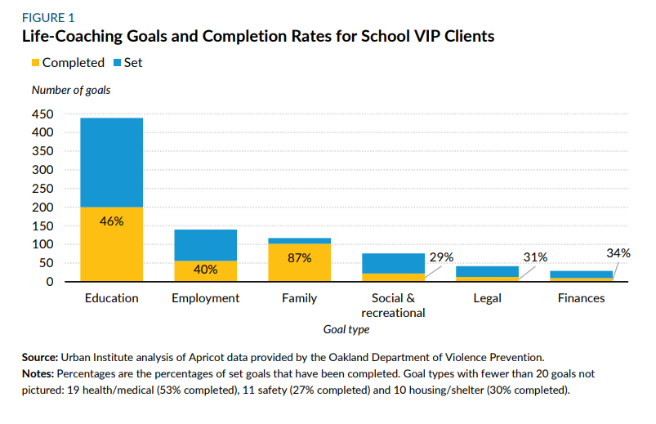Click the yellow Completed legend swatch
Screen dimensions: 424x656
pyautogui.click(x=35, y=63)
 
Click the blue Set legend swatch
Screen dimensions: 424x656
pyautogui.click(x=118, y=63)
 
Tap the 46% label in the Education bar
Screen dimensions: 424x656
pyautogui.click(x=111, y=221)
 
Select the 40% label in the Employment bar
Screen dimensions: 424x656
pyautogui.click(x=205, y=270)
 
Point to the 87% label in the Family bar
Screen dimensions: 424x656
pyautogui.click(x=299, y=258)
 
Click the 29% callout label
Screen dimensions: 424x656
pyautogui.click(x=441, y=257)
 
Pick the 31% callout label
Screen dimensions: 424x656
pyautogui.click(x=535, y=257)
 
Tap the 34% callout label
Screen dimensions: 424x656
pyautogui.click(x=618, y=253)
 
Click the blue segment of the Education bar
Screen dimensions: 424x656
pyautogui.click(x=111, y=162)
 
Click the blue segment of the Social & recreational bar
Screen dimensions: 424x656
pyautogui.click(x=393, y=263)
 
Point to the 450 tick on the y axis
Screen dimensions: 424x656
pyautogui.click(x=43, y=114)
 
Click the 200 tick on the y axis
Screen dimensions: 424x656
pyautogui.click(x=43, y=208)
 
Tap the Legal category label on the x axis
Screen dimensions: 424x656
pyautogui.click(x=487, y=298)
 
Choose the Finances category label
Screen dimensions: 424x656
pyautogui.click(x=581, y=298)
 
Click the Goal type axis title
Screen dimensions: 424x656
pyautogui.click(x=346, y=330)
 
